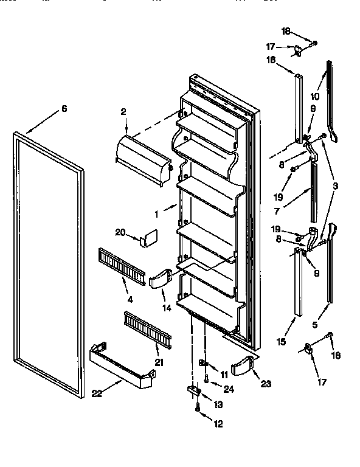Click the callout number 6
point(63,109)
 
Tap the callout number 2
point(123,112)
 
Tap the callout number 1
point(157,214)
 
